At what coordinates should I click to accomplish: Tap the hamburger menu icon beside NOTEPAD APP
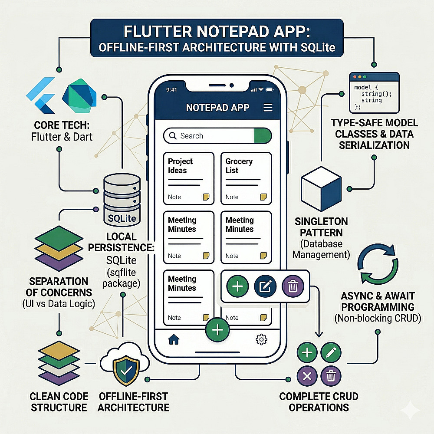[x=268, y=108]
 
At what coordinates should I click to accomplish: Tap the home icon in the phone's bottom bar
[x=174, y=339]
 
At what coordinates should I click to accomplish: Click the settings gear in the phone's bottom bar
[x=262, y=339]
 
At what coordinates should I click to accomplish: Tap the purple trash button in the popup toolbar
[x=293, y=286]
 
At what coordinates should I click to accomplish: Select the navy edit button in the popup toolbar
[x=264, y=286]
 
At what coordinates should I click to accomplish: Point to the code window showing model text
[x=374, y=92]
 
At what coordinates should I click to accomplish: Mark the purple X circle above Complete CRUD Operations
[x=307, y=376]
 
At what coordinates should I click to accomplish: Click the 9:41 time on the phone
[x=172, y=90]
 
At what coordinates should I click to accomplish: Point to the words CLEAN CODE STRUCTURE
[x=59, y=402]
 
